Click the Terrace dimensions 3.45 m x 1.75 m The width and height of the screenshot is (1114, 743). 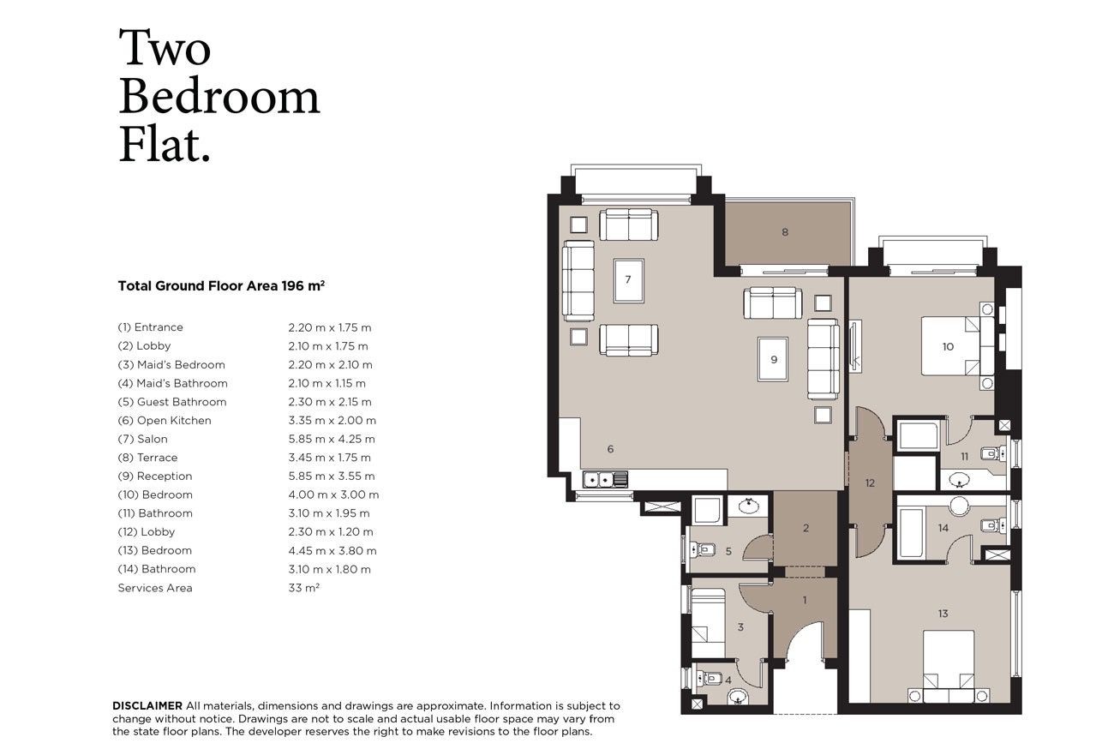[330, 458]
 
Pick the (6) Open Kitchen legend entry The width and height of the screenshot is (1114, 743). [165, 421]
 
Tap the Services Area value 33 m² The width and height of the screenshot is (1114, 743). [304, 588]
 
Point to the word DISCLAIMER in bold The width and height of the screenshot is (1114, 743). [147, 705]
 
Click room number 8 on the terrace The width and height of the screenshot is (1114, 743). [785, 231]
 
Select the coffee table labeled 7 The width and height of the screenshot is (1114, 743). [629, 280]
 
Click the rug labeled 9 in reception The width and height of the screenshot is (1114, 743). [773, 359]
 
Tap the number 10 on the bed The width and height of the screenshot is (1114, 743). [948, 346]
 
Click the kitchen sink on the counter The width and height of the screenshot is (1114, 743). [605, 480]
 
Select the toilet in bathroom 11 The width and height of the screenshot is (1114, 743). [992, 453]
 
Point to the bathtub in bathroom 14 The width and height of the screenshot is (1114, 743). [912, 533]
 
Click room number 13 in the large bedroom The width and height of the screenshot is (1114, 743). [943, 614]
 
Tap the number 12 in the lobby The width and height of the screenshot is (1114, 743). [870, 482]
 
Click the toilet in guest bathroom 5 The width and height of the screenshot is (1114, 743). [702, 549]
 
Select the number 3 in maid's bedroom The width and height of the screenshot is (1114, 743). [740, 627]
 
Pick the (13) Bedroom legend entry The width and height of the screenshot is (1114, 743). [154, 550]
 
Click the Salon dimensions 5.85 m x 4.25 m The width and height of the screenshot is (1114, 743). [332, 439]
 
